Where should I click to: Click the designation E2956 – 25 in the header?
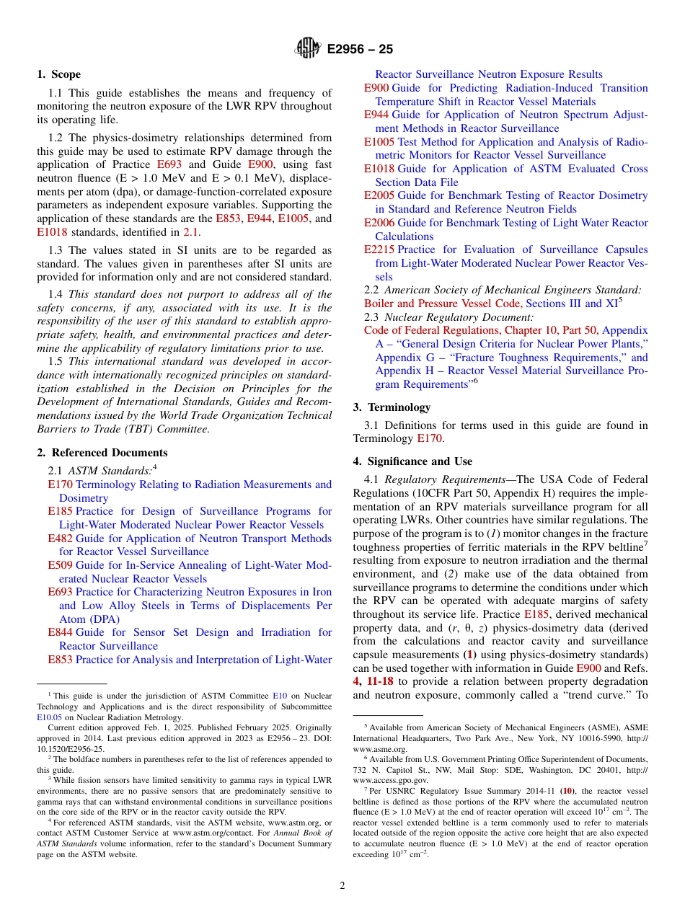point(360,50)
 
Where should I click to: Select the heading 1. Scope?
point(59,74)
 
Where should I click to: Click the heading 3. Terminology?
point(392,407)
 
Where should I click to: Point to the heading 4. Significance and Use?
point(412,461)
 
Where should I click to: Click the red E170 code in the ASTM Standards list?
point(60,484)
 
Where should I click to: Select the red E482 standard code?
point(60,539)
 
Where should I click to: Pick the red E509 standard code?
point(60,565)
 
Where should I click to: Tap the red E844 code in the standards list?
point(60,632)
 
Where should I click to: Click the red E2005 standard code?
point(379,195)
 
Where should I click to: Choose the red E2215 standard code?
point(379,249)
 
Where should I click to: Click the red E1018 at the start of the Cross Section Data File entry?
point(379,169)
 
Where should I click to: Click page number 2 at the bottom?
point(342,886)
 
